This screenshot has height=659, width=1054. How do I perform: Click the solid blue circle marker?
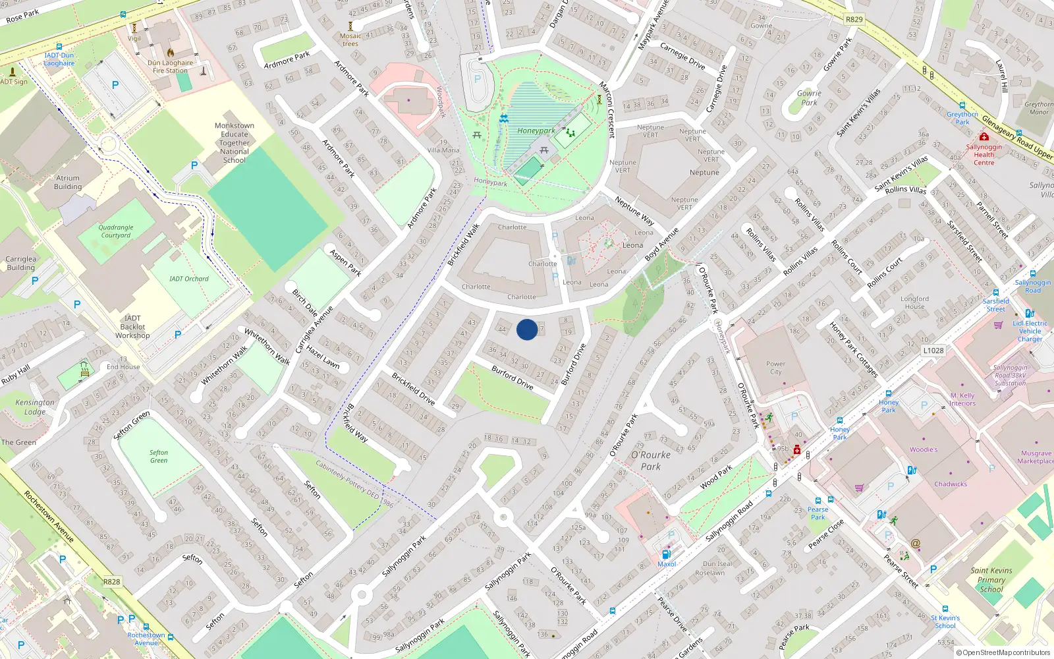527,329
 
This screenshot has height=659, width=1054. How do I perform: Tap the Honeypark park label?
536,130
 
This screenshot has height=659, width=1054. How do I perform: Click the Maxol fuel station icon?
666,555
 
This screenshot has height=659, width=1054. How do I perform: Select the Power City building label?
775,368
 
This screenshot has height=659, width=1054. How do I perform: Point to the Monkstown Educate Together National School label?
235,142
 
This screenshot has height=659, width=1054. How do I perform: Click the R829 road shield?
854,19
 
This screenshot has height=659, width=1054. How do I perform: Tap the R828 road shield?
112,582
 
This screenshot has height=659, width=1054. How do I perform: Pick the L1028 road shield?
933,351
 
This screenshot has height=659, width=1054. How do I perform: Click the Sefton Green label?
159,456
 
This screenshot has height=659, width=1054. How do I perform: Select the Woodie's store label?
924,449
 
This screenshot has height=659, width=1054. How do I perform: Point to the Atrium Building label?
68,183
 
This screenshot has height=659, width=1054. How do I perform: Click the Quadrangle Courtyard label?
116,231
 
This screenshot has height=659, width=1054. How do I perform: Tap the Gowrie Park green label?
809,98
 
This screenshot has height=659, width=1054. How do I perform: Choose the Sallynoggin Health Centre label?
984,155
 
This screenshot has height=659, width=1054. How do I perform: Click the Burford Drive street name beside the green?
513,378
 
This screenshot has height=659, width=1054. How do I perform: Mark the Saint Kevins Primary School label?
991,580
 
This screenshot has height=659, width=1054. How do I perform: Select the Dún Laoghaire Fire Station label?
170,67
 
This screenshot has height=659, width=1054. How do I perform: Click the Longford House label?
915,302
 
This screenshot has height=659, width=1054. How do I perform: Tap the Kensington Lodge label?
35,407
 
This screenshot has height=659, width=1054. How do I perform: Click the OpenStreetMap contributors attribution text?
1003,653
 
